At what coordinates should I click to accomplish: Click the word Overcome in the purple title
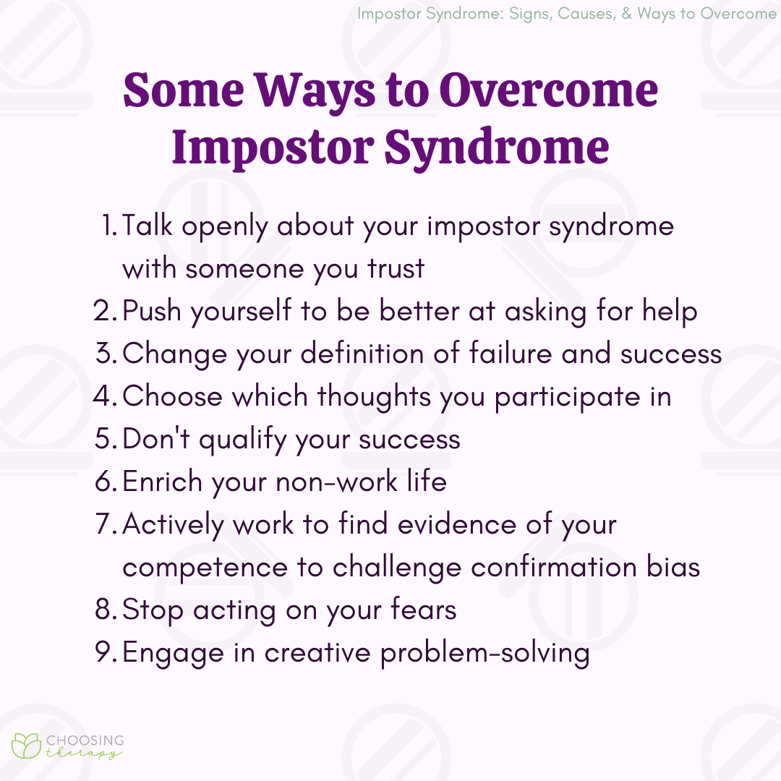tap(548, 90)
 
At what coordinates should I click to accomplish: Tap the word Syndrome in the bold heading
tap(497, 148)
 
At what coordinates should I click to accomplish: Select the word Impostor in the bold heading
tap(273, 148)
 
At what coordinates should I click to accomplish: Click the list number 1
tap(109, 225)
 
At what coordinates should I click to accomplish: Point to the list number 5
tap(105, 438)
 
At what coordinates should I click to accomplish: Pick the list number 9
tap(105, 652)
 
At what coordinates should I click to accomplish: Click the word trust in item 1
tap(396, 268)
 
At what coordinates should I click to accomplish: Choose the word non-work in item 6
tap(337, 482)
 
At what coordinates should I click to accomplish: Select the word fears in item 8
tap(423, 609)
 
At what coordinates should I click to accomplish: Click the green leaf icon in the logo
tap(26, 746)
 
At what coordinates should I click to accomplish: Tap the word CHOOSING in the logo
tap(85, 741)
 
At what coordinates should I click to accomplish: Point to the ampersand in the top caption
tap(626, 14)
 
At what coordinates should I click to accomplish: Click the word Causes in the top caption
tap(586, 14)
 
